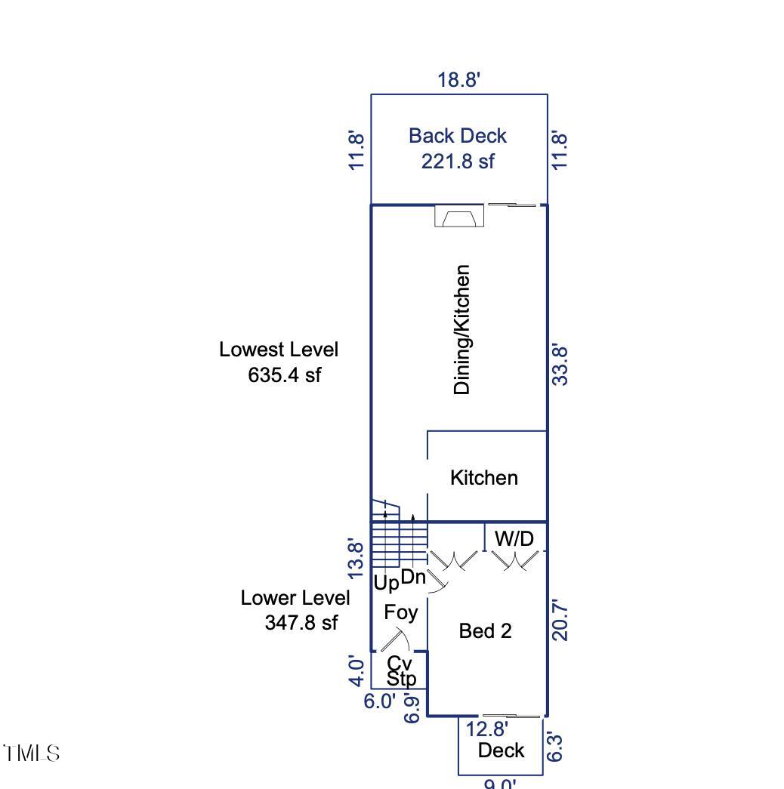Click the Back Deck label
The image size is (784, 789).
pos(457,136)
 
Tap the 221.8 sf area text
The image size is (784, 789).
pos(458,161)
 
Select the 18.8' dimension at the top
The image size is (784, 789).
pos(458,79)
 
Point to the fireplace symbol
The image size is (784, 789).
pos(458,217)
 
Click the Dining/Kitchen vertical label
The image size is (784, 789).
pos(462,329)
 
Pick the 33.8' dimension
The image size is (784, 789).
pos(560,365)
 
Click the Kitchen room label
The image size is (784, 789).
pos(484,478)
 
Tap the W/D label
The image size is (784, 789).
pos(514,539)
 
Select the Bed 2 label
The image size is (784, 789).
pos(486,631)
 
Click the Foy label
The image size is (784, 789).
pos(400,612)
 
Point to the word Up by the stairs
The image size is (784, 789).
pos(386,584)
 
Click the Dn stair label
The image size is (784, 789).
pos(413,578)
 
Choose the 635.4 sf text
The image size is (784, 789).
pos(285,375)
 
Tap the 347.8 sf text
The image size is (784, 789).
pos(301,623)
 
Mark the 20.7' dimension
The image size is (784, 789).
pos(560,620)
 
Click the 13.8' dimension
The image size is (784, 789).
pos(357,559)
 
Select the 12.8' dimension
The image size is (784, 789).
pos(486,729)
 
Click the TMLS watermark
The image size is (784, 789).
pos(31,754)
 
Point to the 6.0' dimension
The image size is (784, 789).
pos(379,701)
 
